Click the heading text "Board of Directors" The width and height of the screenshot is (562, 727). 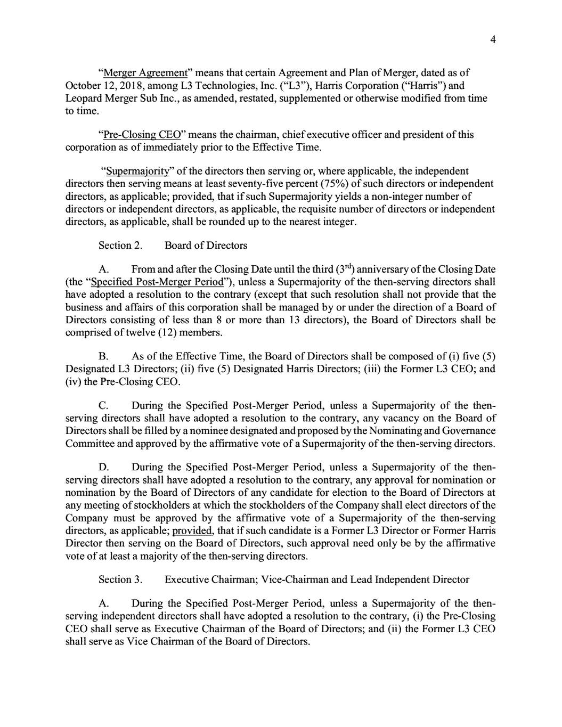[x=206, y=246]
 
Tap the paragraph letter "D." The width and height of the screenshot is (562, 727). [x=104, y=468]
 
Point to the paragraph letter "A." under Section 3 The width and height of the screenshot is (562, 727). [x=104, y=603]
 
